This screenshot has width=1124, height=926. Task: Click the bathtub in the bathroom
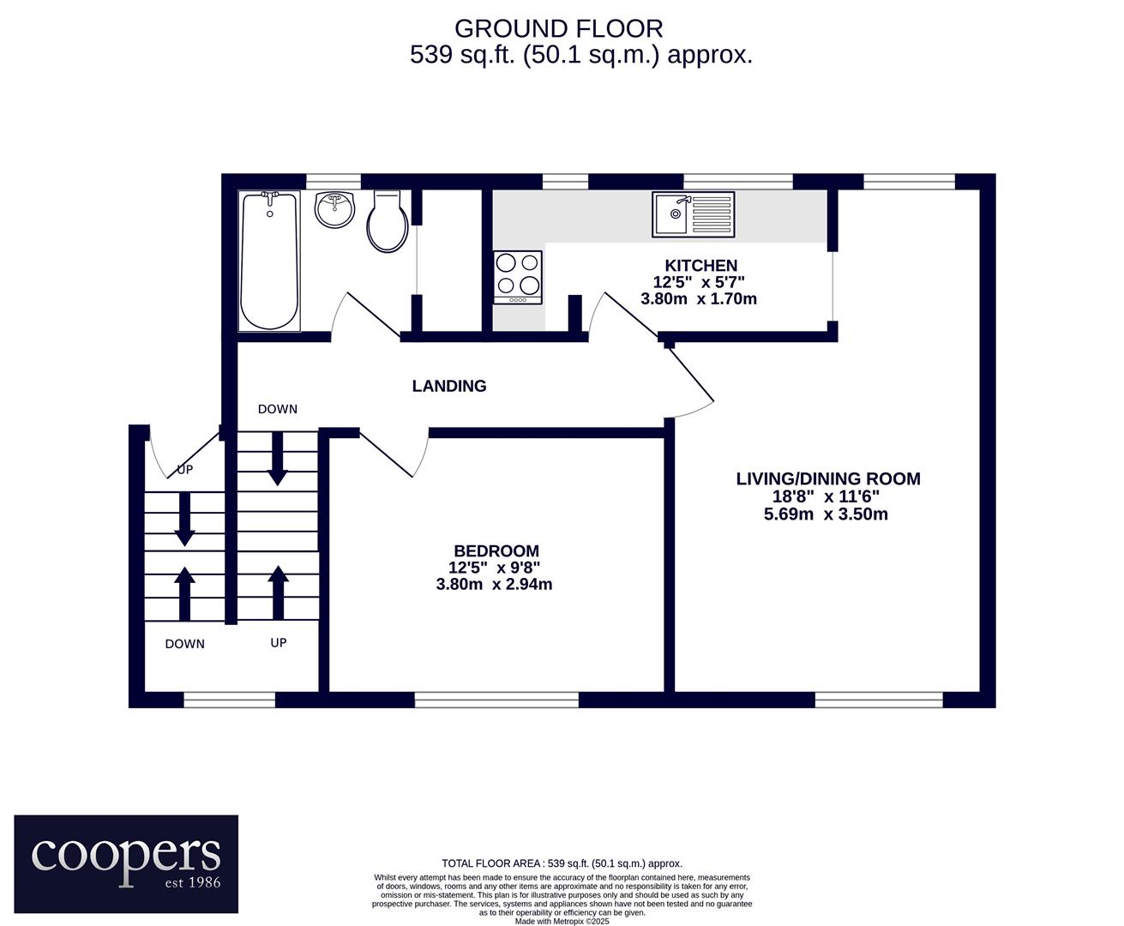pyautogui.click(x=269, y=262)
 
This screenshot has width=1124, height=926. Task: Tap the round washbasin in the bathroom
pyautogui.click(x=334, y=209)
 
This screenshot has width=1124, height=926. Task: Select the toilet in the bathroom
pyautogui.click(x=387, y=221)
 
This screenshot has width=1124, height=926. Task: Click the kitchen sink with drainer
pyautogui.click(x=694, y=214)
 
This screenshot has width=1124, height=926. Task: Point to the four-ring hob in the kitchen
pyautogui.click(x=518, y=278)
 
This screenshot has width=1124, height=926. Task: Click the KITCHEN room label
pyautogui.click(x=700, y=266)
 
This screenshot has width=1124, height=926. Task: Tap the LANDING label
pyautogui.click(x=449, y=386)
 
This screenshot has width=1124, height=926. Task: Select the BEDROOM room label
pyautogui.click(x=496, y=550)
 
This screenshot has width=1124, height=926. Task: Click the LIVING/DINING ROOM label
pyautogui.click(x=828, y=478)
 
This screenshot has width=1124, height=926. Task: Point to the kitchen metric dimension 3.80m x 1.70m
pyautogui.click(x=699, y=298)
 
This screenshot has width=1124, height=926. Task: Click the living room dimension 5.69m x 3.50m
pyautogui.click(x=826, y=514)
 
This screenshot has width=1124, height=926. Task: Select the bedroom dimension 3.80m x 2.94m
pyautogui.click(x=494, y=584)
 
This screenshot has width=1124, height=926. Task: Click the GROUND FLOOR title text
pyautogui.click(x=559, y=28)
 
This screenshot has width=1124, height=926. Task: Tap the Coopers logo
pyautogui.click(x=126, y=864)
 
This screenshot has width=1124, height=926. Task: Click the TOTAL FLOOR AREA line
pyautogui.click(x=562, y=863)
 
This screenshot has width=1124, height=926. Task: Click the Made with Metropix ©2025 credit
pyautogui.click(x=562, y=922)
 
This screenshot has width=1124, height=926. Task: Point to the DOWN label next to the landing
pyautogui.click(x=278, y=409)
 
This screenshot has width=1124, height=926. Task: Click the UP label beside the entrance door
pyautogui.click(x=184, y=470)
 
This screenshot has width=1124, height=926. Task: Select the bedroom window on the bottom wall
pyautogui.click(x=496, y=700)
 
